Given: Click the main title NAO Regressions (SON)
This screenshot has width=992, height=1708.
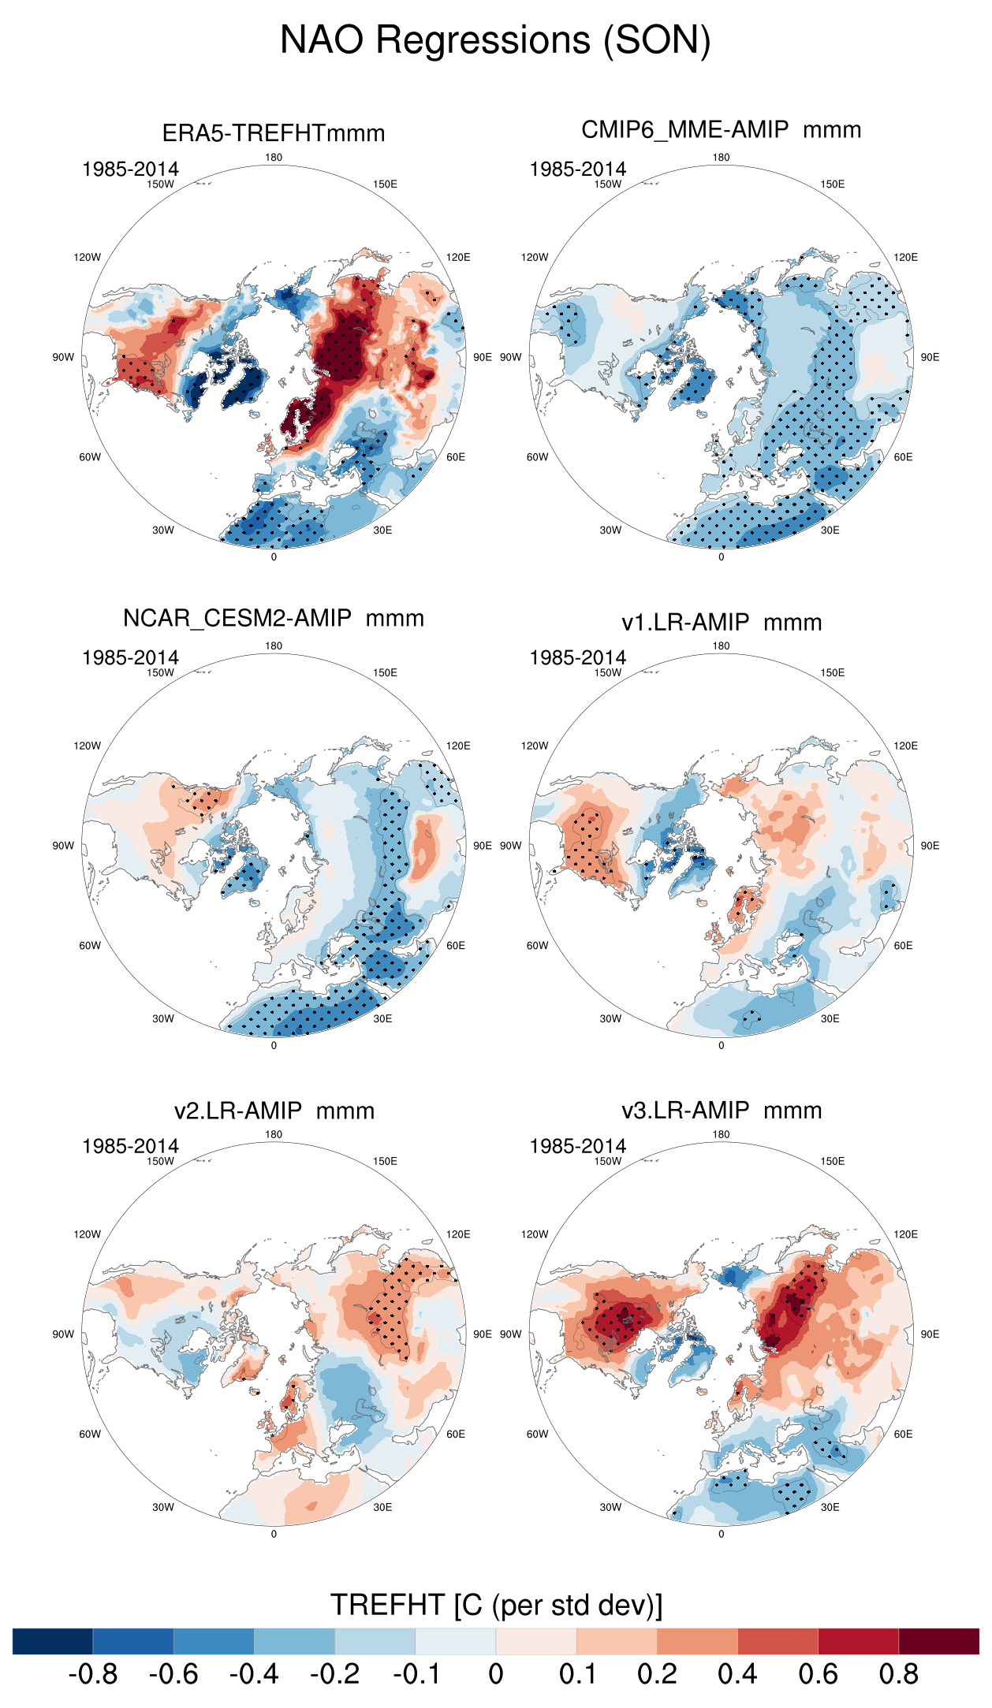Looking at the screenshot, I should (x=495, y=40).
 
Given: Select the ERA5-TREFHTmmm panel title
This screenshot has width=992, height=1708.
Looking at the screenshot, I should (x=274, y=133).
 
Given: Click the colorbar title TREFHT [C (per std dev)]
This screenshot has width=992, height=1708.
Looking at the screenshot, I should (x=496, y=1605).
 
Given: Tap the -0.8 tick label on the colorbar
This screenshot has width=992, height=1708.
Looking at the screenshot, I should (x=93, y=1674).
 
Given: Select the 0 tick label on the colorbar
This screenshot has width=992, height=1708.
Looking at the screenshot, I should (x=495, y=1674).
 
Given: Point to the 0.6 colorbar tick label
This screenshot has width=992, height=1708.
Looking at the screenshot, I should (x=818, y=1674).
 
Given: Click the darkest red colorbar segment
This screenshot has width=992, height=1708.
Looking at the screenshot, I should (x=938, y=1641).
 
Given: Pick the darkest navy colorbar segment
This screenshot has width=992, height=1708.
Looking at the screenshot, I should (x=53, y=1641).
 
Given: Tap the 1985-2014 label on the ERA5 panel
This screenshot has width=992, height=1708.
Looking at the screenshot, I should (x=130, y=169).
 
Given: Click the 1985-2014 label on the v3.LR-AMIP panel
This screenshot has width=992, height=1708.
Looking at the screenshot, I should (x=577, y=1146).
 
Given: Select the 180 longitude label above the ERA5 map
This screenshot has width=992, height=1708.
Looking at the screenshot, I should (x=274, y=158).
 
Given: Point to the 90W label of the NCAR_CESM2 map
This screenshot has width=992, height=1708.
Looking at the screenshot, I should (x=63, y=846).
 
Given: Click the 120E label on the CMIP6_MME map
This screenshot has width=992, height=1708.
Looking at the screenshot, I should (x=905, y=257).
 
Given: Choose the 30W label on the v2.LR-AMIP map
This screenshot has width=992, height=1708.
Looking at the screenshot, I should (x=162, y=1507).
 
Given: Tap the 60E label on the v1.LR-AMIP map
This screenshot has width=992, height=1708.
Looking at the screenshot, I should (x=903, y=946).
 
